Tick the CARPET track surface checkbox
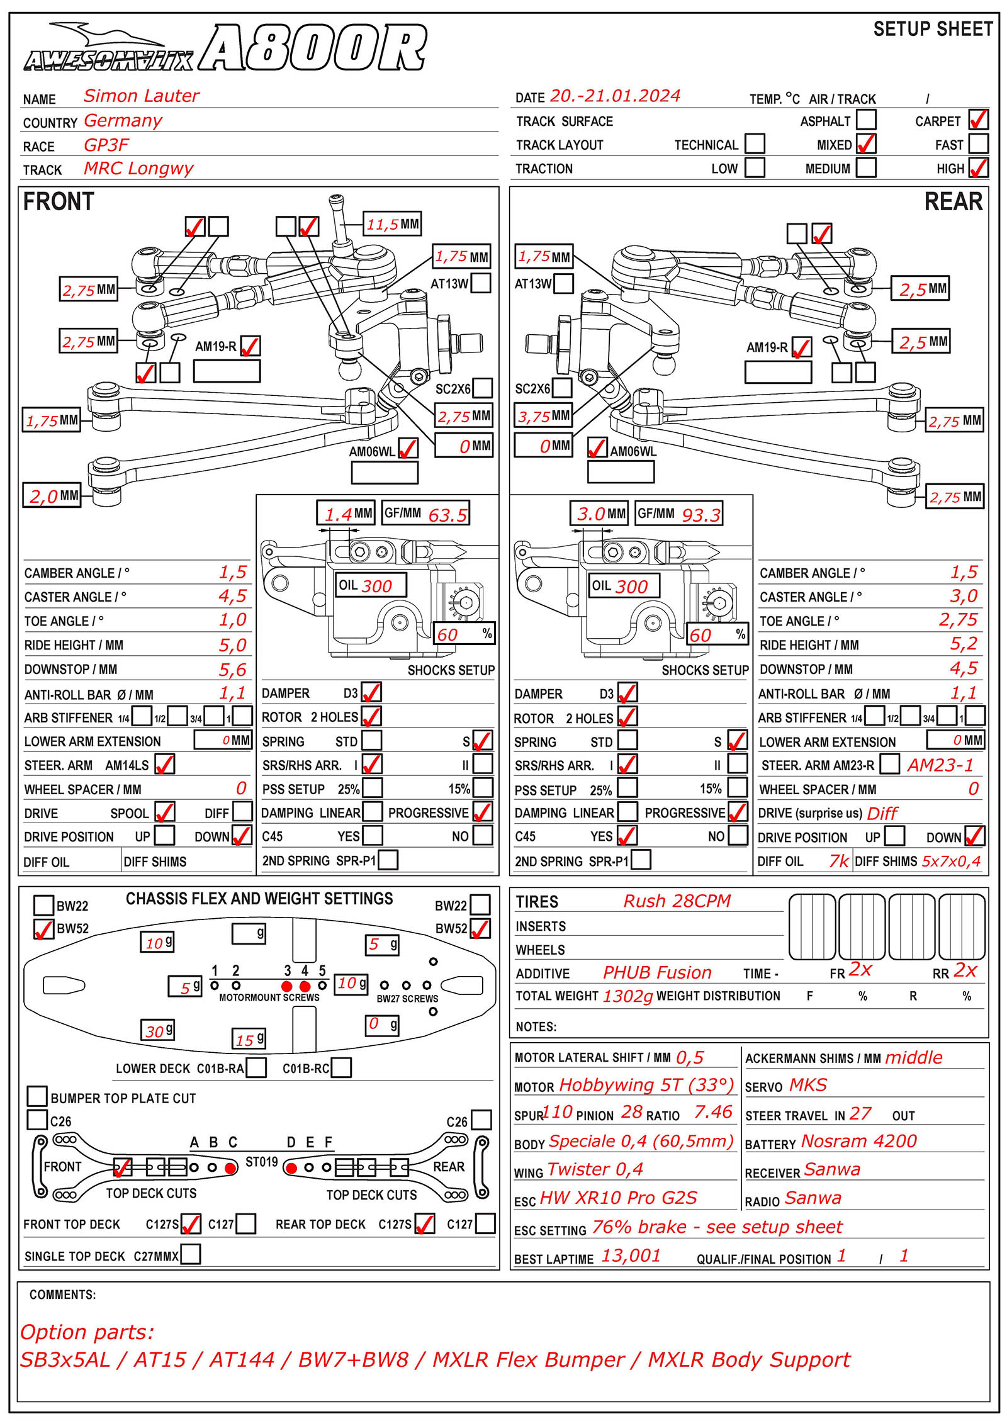point(978,120)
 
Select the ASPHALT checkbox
point(866,120)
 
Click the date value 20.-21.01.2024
point(615,96)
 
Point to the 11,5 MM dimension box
point(393,224)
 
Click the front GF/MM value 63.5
point(447,515)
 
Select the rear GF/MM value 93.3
point(701,515)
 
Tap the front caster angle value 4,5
point(232,596)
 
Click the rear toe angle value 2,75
point(958,620)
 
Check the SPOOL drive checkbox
point(165,812)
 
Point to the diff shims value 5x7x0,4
point(951,861)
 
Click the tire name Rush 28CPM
point(677,901)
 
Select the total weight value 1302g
point(627,996)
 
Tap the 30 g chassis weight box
point(157,1031)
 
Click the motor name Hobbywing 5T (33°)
point(646,1085)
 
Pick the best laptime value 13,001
point(631,1256)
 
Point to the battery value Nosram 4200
point(858,1141)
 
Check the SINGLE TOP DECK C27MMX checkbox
point(190,1254)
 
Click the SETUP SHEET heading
point(933,29)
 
